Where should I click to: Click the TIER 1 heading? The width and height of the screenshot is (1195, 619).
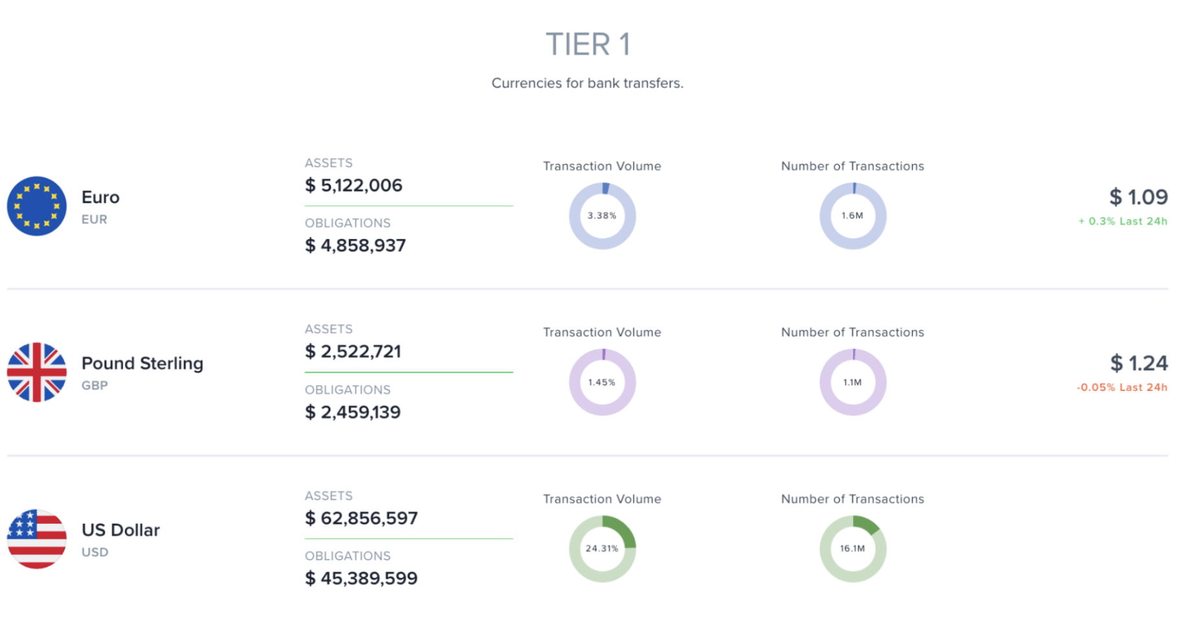pos(587,45)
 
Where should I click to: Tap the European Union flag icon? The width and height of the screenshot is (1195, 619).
pos(37,206)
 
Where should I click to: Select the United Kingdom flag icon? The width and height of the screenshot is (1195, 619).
pos(37,372)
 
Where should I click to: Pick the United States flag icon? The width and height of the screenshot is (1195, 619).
pos(37,539)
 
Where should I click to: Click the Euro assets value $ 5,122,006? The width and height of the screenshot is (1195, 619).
pos(353,186)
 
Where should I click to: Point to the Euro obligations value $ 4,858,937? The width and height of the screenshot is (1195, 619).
pos(355,246)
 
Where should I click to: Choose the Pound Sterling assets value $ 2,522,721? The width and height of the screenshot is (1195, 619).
pos(353,352)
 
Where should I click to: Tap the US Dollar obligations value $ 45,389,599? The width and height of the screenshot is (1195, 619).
pos(361,578)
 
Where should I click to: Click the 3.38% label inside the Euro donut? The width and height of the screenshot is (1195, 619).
pos(601,216)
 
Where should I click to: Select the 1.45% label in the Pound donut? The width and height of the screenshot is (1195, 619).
pos(601,382)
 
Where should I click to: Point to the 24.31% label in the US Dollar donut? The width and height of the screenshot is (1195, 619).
pos(601,548)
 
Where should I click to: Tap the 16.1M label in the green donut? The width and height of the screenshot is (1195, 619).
pos(852,548)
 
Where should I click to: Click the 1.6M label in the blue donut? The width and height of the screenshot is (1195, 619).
pos(852,216)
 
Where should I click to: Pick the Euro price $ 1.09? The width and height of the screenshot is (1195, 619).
pos(1138,197)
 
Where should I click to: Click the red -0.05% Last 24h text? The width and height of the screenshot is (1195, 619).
pos(1122,387)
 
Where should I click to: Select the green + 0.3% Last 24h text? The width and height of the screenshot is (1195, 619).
pos(1122,221)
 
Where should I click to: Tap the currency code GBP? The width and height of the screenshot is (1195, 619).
pos(95,385)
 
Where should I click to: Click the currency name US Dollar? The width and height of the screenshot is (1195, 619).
pos(120,530)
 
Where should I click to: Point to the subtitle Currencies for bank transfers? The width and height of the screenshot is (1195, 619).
pos(587,83)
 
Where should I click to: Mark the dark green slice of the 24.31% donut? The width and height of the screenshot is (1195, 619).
pos(623,530)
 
